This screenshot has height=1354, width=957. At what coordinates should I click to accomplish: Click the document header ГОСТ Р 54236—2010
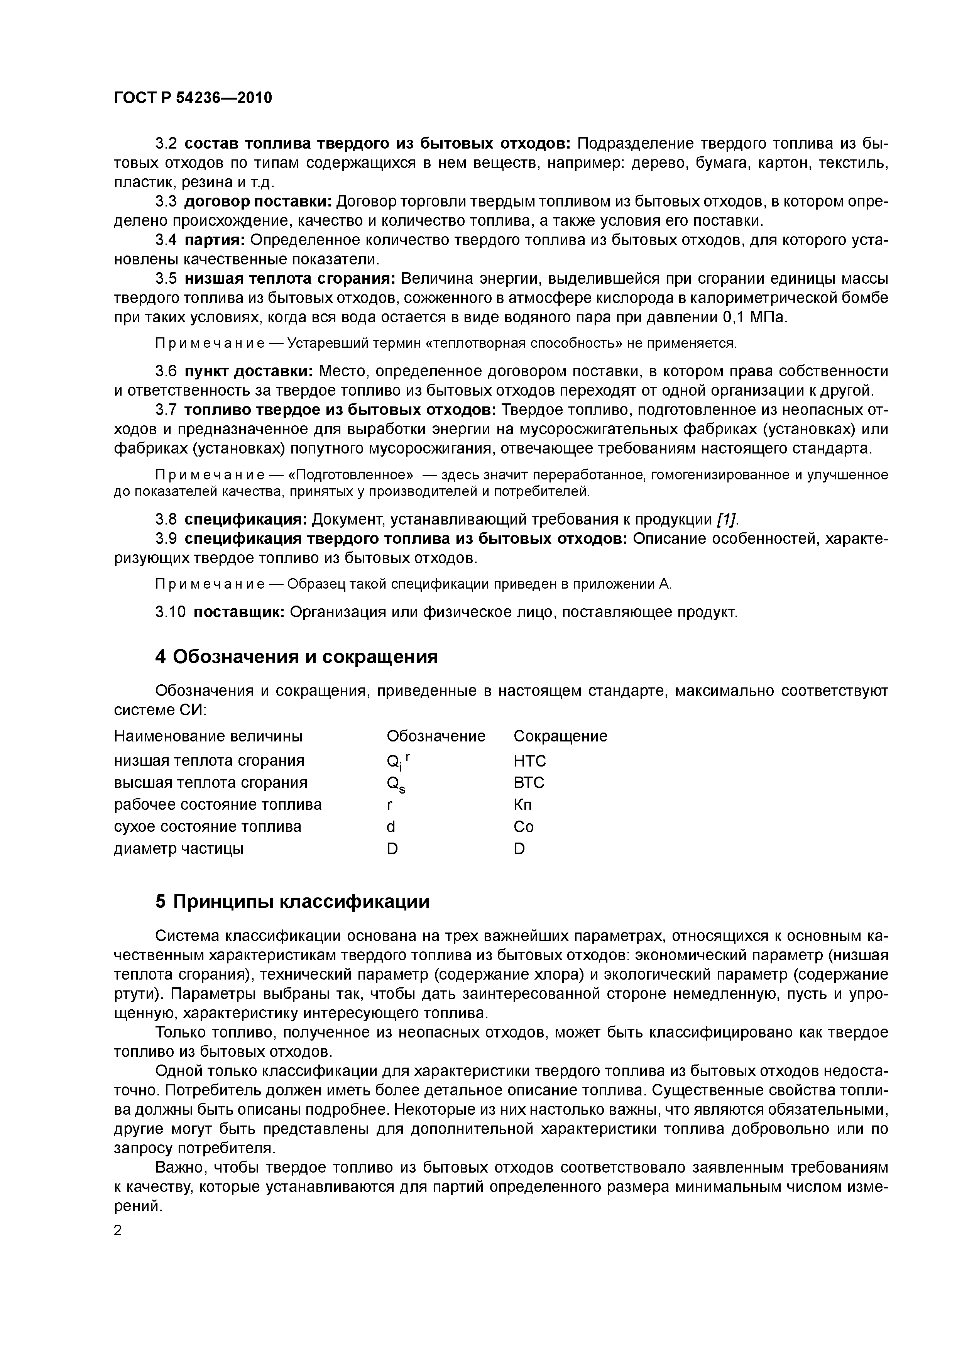pyautogui.click(x=193, y=98)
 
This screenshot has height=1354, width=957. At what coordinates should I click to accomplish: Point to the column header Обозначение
pyautogui.click(x=436, y=736)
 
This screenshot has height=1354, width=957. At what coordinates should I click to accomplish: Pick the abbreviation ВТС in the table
pyautogui.click(x=529, y=782)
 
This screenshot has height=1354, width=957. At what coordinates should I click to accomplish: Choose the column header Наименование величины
pyautogui.click(x=208, y=736)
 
